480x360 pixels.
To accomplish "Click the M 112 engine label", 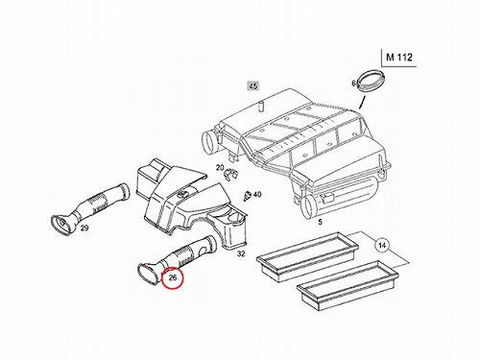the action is point(399,58).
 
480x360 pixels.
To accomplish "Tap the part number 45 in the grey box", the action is point(252,86).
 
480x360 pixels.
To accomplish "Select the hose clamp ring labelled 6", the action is point(371,80).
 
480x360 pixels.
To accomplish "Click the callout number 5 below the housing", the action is point(321,222).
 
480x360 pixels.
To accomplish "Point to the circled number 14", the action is point(382,246).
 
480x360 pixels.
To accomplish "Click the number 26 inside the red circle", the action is point(173,277).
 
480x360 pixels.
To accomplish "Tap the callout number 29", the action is point(84,228).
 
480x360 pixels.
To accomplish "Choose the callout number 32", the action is point(241,253).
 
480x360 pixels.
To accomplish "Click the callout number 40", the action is point(257,194).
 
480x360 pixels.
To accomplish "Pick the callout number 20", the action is point(220,167).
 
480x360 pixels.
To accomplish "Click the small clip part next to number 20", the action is point(230,174).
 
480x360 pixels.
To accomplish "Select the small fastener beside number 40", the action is point(248,195).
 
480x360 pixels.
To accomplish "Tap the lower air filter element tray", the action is point(348,285).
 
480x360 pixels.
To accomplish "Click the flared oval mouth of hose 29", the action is point(62,226).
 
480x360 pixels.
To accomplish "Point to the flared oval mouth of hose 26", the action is point(149,274).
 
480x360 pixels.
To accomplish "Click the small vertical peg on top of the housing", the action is point(260,107).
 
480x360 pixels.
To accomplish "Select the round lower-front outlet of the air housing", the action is point(309,207).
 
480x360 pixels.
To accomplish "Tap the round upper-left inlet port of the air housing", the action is point(209,142).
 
